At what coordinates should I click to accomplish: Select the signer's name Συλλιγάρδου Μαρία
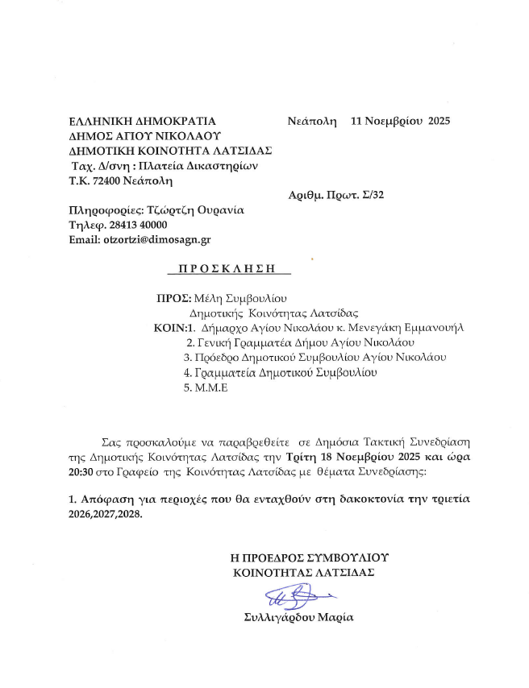(298, 618)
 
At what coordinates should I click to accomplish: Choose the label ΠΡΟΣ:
(172, 299)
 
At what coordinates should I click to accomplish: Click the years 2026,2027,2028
(106, 515)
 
